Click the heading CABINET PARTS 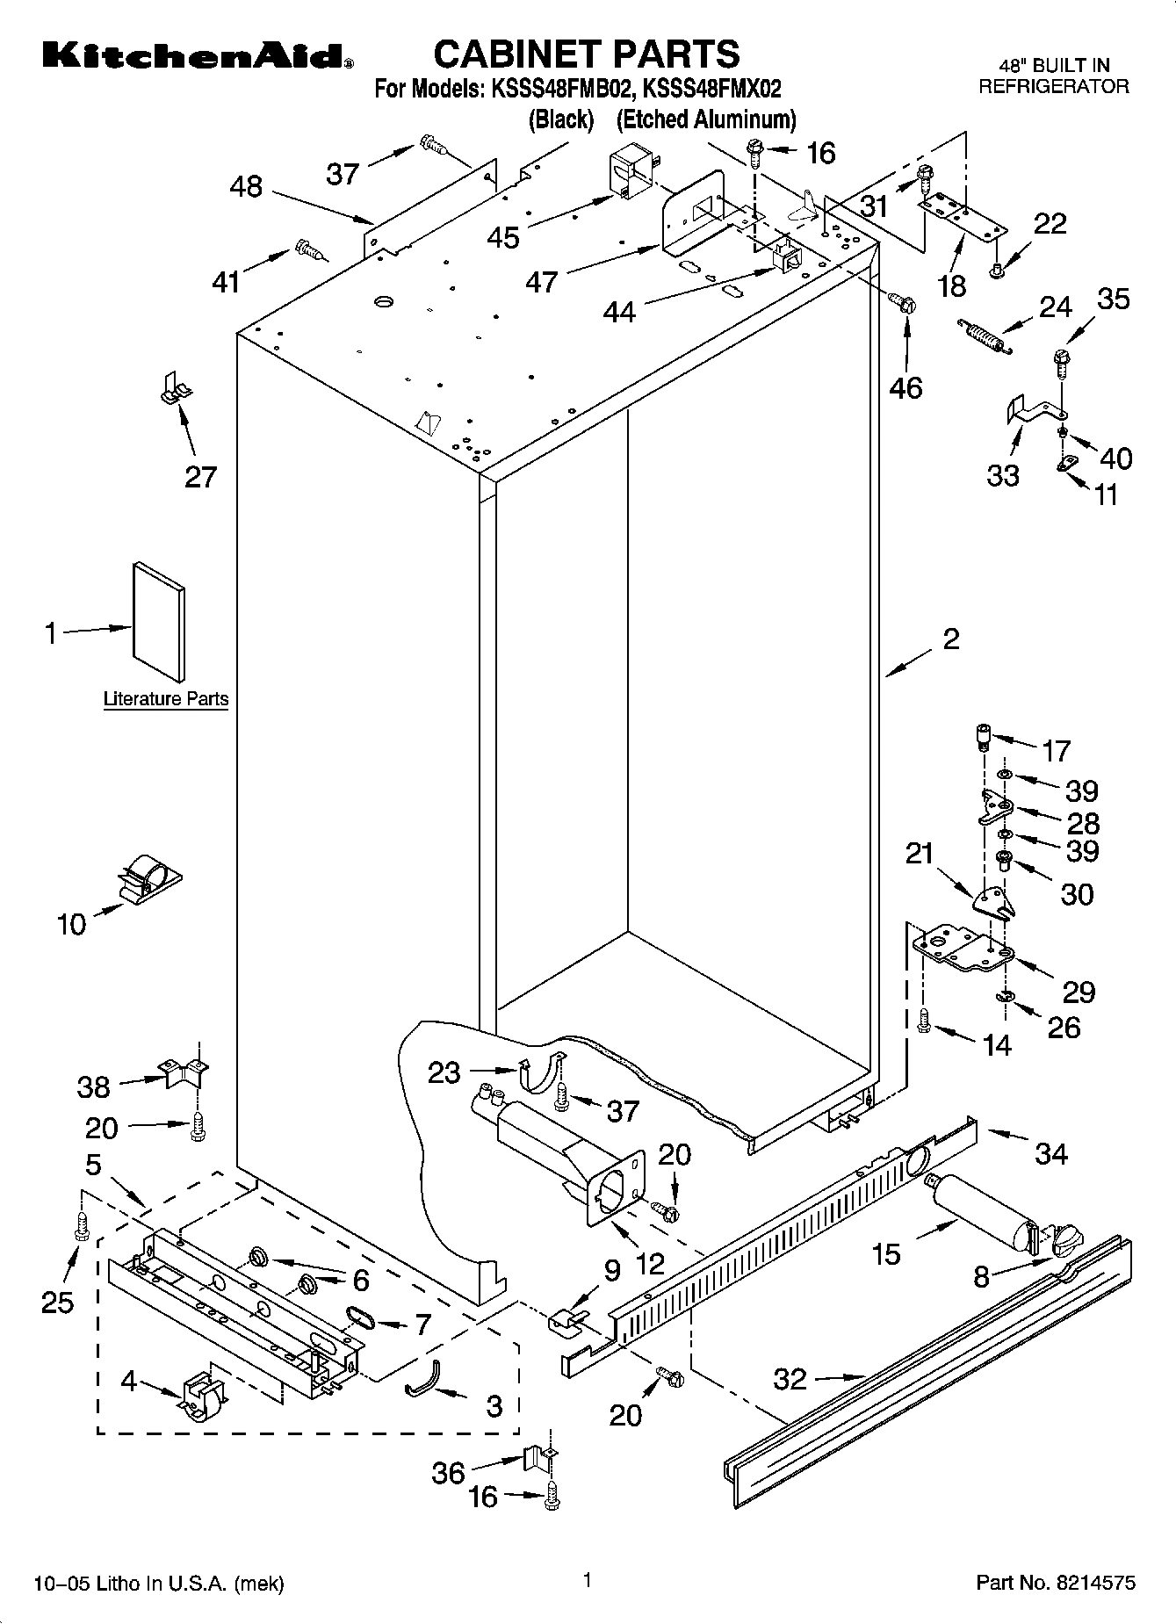(587, 54)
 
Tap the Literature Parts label (166, 699)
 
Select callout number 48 (246, 186)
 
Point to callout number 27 (200, 477)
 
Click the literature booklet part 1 (159, 623)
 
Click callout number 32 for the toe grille (790, 1379)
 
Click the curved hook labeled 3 (424, 1376)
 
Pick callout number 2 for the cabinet (950, 639)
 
